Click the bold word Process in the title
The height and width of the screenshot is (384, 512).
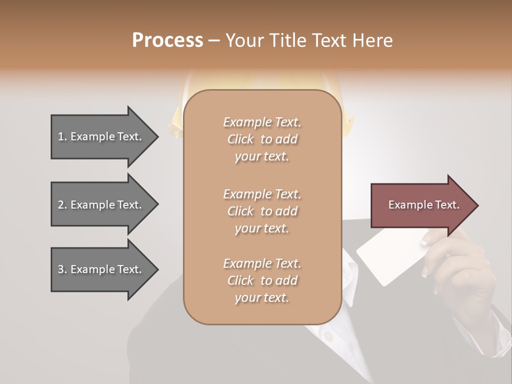click(167, 41)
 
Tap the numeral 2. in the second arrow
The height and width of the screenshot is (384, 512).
click(62, 205)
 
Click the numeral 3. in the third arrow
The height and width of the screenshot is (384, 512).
click(62, 269)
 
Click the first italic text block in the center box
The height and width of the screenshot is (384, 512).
click(262, 139)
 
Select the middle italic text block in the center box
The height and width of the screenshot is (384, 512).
click(262, 211)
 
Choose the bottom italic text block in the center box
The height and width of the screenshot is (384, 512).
click(262, 281)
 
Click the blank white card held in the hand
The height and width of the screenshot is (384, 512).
click(387, 259)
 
